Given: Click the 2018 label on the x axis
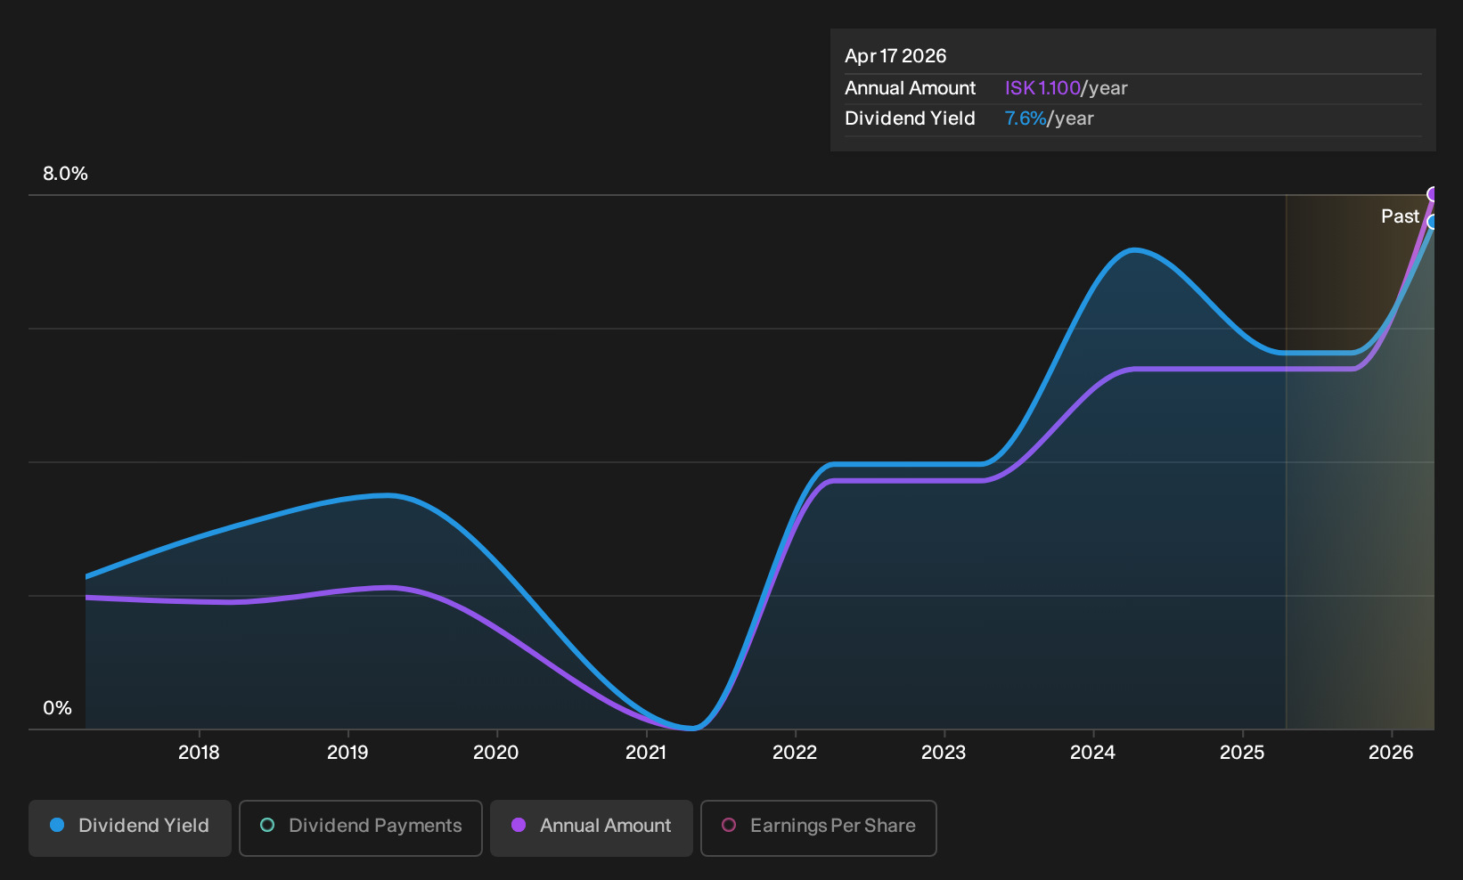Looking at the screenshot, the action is pyautogui.click(x=199, y=753).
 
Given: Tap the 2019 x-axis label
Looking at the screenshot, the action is pyautogui.click(x=347, y=753).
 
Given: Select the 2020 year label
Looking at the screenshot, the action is pyautogui.click(x=495, y=753).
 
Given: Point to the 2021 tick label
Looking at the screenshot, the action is pyautogui.click(x=645, y=753).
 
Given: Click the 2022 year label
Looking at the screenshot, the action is pyautogui.click(x=795, y=753).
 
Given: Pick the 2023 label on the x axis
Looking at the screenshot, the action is pyautogui.click(x=944, y=753).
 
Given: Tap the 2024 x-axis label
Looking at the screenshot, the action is pyautogui.click(x=1092, y=753).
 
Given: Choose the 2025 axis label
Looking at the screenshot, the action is pyautogui.click(x=1242, y=753).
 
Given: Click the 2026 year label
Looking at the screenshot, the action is pyautogui.click(x=1391, y=753).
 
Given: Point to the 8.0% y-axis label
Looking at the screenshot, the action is pyautogui.click(x=65, y=174).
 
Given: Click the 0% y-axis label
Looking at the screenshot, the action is pyautogui.click(x=58, y=708).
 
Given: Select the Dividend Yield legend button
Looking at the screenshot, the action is pyautogui.click(x=130, y=827).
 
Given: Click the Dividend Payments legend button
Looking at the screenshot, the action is pyautogui.click(x=361, y=827).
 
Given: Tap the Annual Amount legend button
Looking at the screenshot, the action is pyautogui.click(x=591, y=827).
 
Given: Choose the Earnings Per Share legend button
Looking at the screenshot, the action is pyautogui.click(x=818, y=827).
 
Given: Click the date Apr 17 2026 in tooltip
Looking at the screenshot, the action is pyautogui.click(x=895, y=56).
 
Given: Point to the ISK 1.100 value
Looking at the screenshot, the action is pyautogui.click(x=1042, y=88).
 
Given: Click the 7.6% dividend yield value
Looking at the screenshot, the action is pyautogui.click(x=1026, y=118).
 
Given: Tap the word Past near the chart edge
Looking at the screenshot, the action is pyautogui.click(x=1401, y=216).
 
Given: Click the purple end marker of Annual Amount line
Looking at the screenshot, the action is pyautogui.click(x=1433, y=194).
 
